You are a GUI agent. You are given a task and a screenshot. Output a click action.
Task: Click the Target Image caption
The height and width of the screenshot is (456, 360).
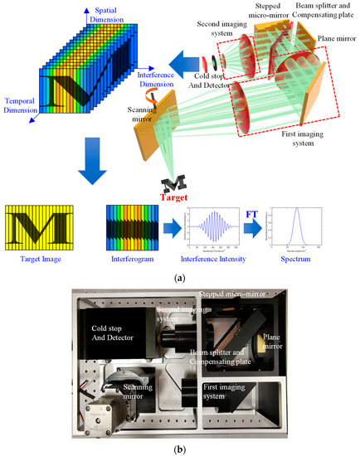point(36,260)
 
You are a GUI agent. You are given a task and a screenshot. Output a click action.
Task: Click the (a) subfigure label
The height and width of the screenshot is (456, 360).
point(181,279)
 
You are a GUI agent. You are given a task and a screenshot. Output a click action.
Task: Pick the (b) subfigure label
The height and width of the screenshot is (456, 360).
point(181,449)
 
